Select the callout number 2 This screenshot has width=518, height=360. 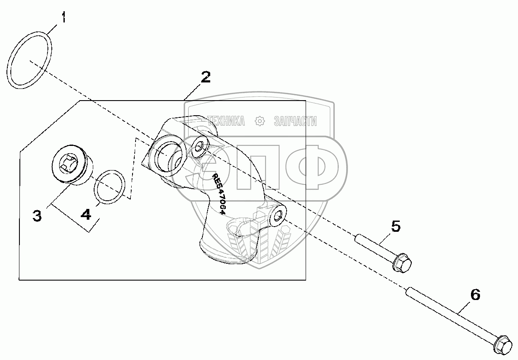pos(205,77)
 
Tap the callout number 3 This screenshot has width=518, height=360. pos(37,215)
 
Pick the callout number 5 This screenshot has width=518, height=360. pos(395,226)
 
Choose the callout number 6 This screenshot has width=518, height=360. pos(474,295)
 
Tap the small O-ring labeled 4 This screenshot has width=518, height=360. pos(111,187)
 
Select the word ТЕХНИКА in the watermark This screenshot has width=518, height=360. pos(226,121)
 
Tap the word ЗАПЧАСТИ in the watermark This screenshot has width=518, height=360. pos(295,121)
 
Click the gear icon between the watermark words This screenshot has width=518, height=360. pos(260,121)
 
